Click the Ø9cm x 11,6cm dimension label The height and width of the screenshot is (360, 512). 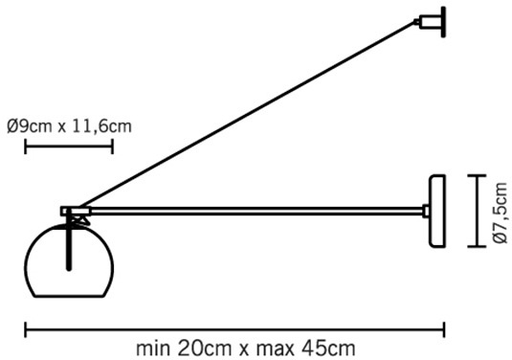coord(69,126)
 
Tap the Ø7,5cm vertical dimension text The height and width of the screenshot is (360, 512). coord(501,213)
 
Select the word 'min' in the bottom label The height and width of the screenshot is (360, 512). coord(153,349)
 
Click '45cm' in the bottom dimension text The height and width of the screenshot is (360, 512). coord(328,349)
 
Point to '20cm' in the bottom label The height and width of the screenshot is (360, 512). coord(205,349)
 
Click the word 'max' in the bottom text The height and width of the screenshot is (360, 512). coord(276,349)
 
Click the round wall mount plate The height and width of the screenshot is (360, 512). coord(437,212)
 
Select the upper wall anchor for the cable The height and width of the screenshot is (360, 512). coord(431,22)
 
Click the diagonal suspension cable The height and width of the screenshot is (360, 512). coord(246,115)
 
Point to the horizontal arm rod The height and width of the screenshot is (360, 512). coord(256,211)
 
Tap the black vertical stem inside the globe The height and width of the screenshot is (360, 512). coord(69,241)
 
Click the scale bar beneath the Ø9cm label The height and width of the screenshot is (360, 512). coord(69,146)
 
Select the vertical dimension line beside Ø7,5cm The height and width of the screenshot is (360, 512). coord(477,212)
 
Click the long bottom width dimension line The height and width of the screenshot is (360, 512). coord(234,329)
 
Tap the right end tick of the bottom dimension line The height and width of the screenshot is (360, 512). coord(444,329)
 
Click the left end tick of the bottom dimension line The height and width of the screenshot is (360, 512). coord(26,329)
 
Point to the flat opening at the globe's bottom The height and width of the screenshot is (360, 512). coord(69,297)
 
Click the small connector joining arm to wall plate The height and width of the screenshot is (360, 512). coord(426,211)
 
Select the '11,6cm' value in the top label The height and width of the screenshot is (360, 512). coord(101,126)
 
